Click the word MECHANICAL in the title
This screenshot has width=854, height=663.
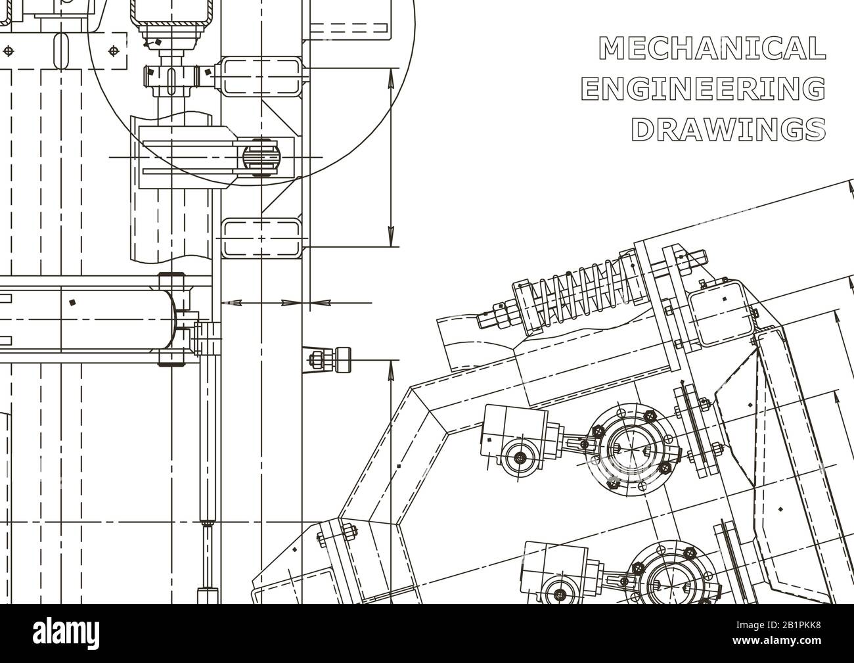tap(712, 49)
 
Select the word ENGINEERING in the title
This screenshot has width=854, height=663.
tap(703, 89)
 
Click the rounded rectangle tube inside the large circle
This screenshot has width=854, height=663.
tap(261, 76)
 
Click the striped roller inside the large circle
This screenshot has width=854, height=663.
tap(261, 157)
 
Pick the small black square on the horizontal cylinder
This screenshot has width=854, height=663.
tap(72, 303)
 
